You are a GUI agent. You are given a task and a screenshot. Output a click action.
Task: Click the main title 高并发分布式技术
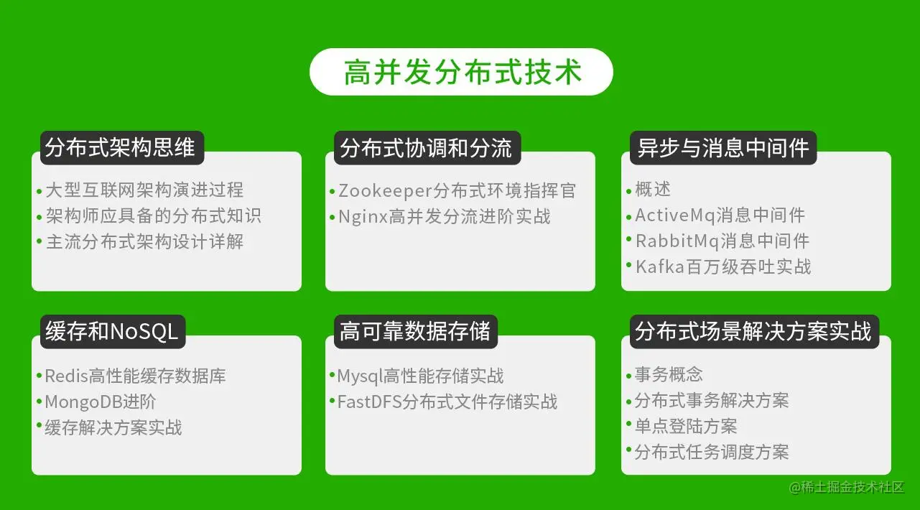coord(463,73)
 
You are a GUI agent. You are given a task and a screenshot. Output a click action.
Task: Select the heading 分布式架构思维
coord(120,148)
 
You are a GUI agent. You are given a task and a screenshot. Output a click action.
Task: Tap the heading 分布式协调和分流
coord(426,148)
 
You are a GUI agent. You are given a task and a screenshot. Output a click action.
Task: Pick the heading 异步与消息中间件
coord(722,148)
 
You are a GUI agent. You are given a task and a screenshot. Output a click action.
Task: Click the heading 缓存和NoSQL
coord(111,331)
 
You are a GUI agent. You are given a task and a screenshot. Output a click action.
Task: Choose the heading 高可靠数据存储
coord(415,331)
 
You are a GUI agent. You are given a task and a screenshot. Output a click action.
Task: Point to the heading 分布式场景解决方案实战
coord(753,331)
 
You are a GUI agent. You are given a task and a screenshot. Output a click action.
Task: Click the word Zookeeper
coord(386,191)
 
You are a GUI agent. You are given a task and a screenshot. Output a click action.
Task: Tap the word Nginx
coord(363,217)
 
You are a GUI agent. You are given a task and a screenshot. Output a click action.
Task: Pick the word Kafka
coord(660,267)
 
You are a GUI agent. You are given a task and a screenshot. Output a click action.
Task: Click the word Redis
coord(67,376)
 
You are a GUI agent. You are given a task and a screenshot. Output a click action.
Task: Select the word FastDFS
coord(369,402)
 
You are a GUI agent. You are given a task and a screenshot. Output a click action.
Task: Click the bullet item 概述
coord(653,190)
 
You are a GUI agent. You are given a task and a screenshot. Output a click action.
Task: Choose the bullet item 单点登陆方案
coord(686,426)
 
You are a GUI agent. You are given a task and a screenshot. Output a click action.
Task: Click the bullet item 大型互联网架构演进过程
coord(144,190)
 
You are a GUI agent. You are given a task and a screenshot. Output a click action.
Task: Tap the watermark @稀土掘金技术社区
coord(847,487)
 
